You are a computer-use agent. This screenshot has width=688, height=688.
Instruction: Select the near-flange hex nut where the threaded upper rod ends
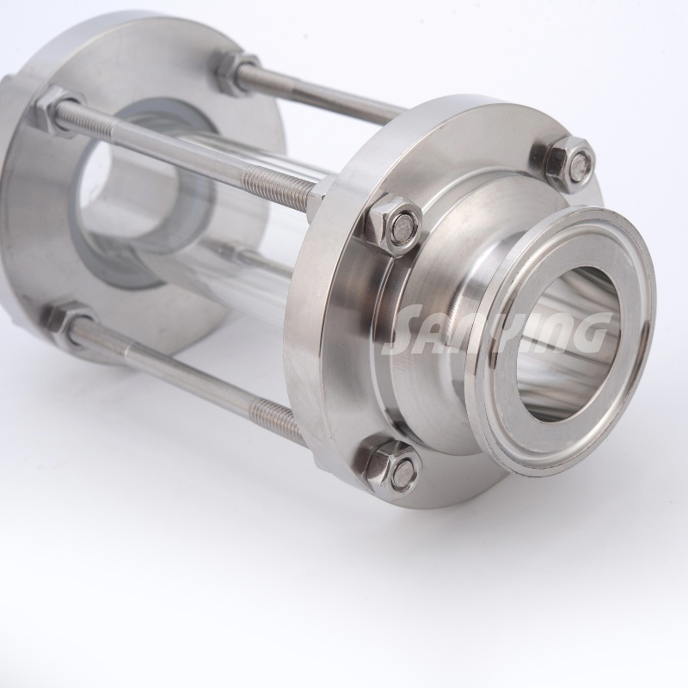(392, 224)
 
